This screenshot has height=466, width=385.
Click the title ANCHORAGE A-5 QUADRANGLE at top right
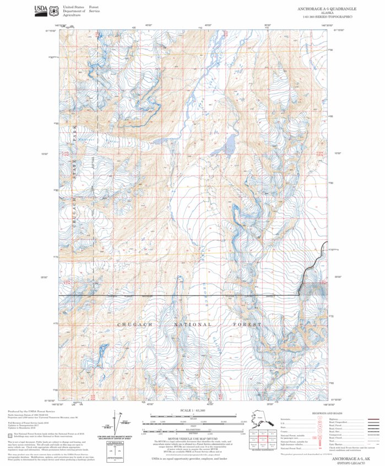(327, 9)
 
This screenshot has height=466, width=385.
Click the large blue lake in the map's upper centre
(227, 146)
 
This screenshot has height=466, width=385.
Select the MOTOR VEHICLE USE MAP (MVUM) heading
(193, 439)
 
